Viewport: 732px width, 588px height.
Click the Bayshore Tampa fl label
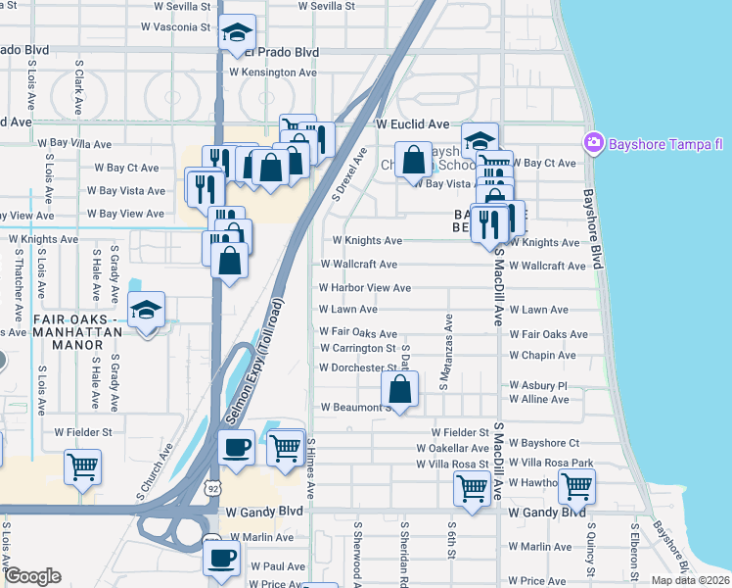coord(665,144)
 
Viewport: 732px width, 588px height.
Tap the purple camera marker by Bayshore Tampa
coord(593,144)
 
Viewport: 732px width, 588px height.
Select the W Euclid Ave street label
coord(412,124)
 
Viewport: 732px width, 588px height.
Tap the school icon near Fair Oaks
coord(147,311)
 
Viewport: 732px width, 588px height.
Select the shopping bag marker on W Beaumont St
coord(399,389)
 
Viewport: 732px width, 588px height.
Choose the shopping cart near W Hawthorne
coord(576,485)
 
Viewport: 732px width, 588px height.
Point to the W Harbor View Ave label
coord(365,288)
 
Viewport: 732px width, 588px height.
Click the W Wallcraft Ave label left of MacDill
coord(358,265)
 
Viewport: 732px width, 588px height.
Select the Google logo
coord(32,576)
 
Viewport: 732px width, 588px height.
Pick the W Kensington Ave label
coord(273,73)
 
